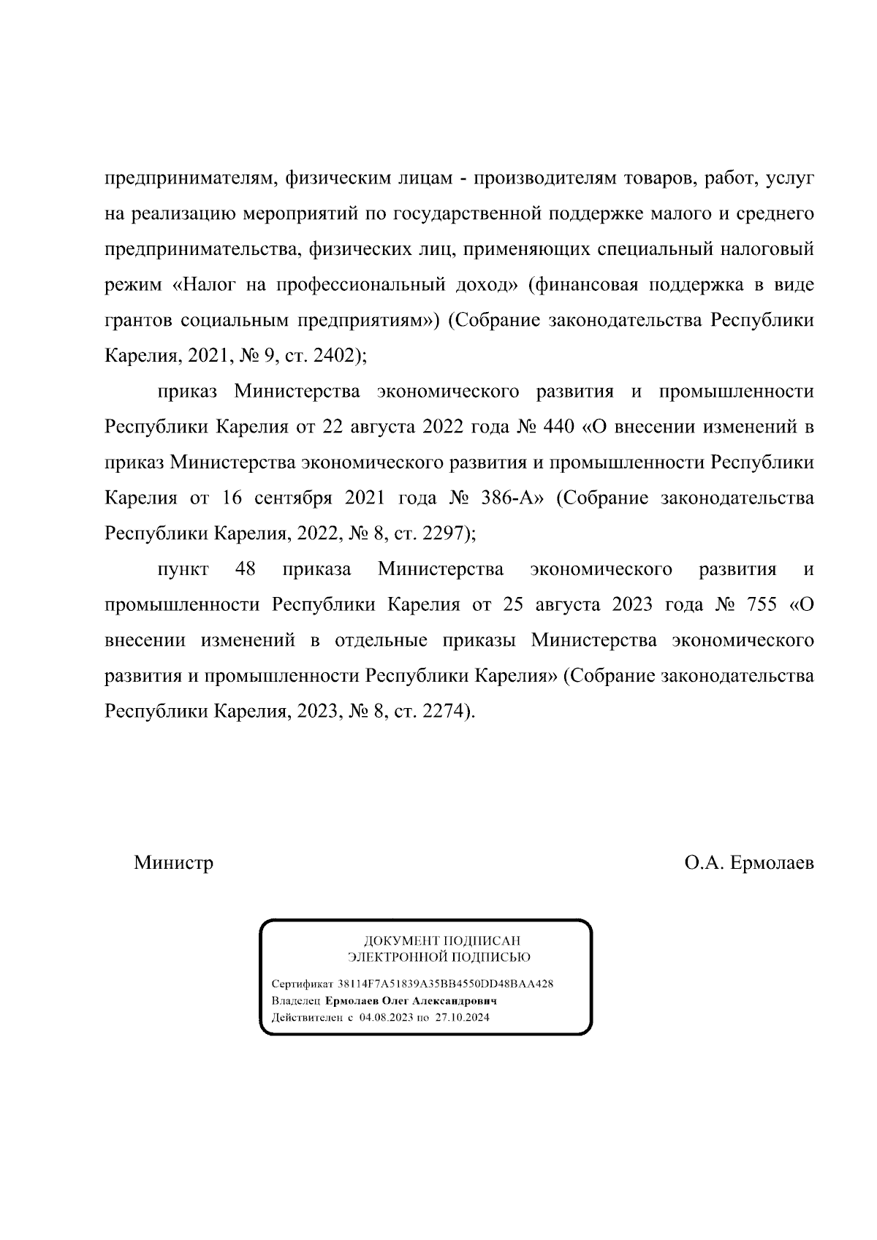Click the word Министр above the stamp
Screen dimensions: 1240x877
coord(173,863)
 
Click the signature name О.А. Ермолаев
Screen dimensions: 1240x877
coord(748,863)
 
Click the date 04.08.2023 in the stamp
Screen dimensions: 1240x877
coord(386,1018)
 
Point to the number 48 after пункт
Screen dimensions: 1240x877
coord(246,568)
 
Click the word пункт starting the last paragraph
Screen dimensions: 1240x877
coord(183,568)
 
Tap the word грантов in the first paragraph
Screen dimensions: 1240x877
coord(137,320)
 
